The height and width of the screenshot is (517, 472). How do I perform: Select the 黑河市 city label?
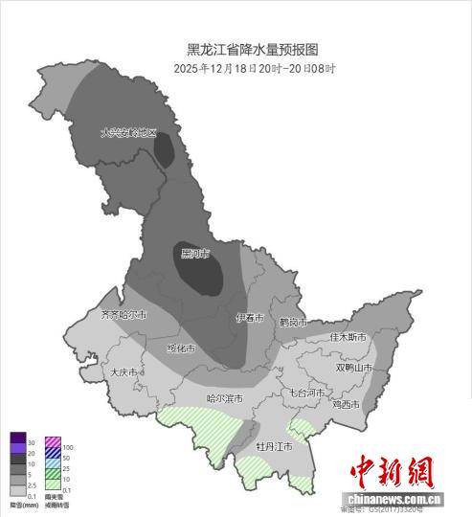pos(193,254)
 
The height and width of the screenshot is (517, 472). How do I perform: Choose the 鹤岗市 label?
pos(293,324)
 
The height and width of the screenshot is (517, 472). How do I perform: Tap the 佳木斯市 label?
pos(348,337)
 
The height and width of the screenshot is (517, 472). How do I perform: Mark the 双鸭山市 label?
pos(356,368)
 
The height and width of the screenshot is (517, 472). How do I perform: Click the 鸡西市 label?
pos(345,405)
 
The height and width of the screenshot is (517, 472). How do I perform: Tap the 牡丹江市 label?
pos(274,447)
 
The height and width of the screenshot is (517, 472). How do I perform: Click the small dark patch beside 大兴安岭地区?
pos(166,151)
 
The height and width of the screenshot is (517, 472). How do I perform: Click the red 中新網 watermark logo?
pos(392,472)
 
